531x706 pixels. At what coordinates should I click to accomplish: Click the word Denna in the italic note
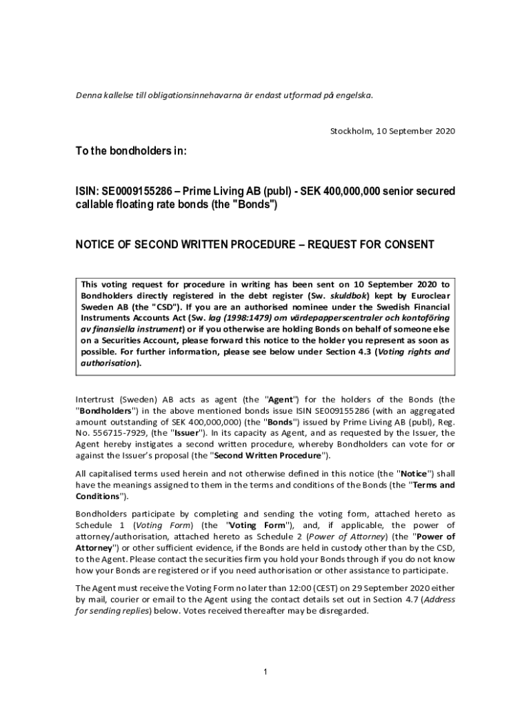tap(88, 95)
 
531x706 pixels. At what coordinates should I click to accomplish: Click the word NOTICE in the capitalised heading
tap(96, 244)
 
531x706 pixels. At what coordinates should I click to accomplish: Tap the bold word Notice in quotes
tap(414, 474)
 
